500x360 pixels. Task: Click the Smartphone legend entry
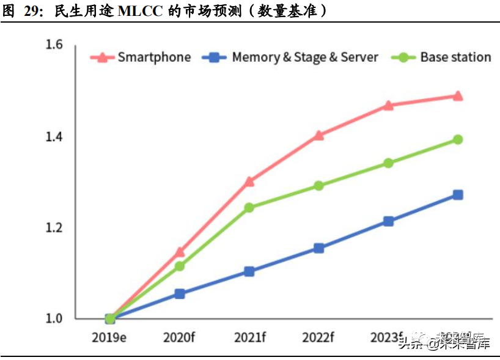click(x=141, y=57)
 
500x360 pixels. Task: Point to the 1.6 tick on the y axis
click(x=54, y=45)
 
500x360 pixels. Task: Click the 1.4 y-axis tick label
click(x=54, y=136)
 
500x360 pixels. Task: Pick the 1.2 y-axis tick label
click(x=54, y=227)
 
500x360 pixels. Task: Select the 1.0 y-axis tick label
click(x=54, y=318)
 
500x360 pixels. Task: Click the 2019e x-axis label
click(x=109, y=337)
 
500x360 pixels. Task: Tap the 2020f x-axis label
click(x=180, y=337)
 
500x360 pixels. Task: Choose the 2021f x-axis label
click(x=249, y=337)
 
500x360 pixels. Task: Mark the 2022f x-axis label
click(x=318, y=337)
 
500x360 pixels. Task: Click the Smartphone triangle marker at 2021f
click(x=249, y=181)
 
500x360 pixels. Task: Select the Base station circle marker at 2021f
click(x=249, y=208)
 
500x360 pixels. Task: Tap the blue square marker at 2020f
click(x=180, y=293)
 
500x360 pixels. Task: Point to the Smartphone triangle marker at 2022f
click(x=318, y=135)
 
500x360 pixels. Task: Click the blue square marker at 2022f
click(x=318, y=248)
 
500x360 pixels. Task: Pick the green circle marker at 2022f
click(x=318, y=185)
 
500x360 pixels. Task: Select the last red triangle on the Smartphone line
click(x=457, y=96)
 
